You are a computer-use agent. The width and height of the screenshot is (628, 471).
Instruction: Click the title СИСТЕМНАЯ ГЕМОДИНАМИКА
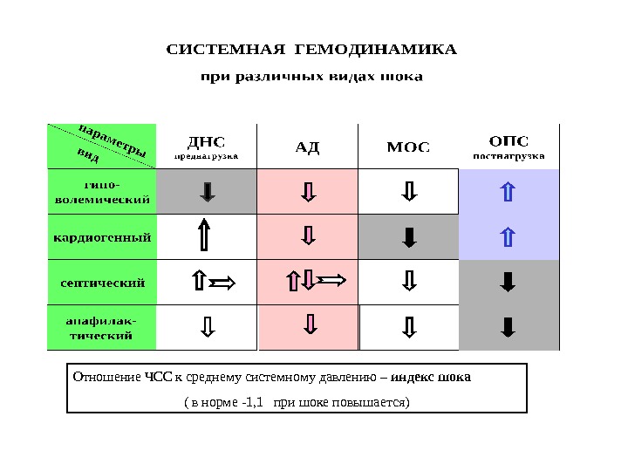311,48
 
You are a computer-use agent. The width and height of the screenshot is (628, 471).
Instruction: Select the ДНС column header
207,141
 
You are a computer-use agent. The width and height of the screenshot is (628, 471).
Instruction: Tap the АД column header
308,146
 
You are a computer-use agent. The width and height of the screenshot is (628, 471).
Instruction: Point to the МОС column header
408,146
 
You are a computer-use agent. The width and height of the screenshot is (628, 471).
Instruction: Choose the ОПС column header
509,140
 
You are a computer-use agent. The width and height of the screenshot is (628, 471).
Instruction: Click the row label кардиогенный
102,236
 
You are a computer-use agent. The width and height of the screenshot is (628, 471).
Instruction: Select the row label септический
102,282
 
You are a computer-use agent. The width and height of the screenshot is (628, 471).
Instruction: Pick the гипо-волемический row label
102,191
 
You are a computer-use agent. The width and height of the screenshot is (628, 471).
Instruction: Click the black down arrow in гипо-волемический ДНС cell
208,191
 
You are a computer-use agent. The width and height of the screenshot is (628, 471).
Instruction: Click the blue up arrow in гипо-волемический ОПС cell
509,191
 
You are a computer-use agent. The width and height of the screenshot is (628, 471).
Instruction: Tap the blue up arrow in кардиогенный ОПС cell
509,236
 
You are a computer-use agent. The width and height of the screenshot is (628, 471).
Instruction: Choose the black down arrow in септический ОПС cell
509,282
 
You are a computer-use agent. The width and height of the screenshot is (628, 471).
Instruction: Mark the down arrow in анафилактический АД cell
309,325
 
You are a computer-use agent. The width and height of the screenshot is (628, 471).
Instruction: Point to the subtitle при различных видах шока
311,77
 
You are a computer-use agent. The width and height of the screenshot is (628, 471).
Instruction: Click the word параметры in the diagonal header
113,140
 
